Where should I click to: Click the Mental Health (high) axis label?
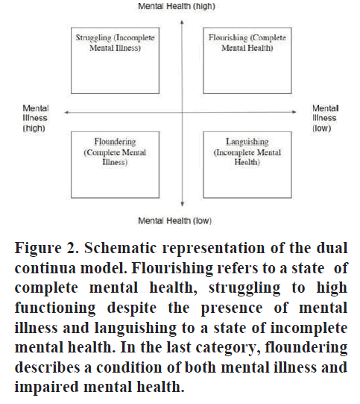coord(177,6)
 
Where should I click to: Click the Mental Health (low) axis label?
coord(175,221)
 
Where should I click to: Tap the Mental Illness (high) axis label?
coord(36,118)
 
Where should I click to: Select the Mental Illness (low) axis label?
coord(325,118)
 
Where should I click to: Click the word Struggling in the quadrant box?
coord(93,38)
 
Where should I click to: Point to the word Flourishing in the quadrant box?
coord(228,37)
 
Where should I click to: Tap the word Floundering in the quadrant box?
coord(115,142)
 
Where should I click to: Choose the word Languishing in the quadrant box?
coord(247,142)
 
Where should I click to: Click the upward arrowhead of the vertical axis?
coord(182,22)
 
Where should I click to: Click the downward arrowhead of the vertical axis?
coord(182,204)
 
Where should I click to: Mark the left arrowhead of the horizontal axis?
coord(66,112)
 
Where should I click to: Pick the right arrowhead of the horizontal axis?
coord(294,112)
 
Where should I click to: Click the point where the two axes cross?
coord(182,112)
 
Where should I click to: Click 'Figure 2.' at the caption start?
coord(46,248)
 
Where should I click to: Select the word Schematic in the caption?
coord(120,248)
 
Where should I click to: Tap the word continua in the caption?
coord(45,268)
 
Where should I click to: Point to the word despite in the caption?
coord(132,308)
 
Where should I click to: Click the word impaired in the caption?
coord(46,388)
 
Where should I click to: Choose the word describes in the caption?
coord(47,367)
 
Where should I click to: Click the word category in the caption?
coord(227,348)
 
